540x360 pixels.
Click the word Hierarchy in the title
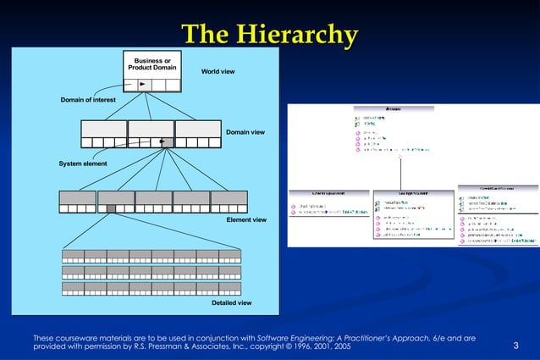[x=300, y=35]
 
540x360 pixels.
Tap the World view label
[x=218, y=71]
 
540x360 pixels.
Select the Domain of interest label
[x=88, y=100]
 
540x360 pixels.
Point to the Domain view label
[x=245, y=132]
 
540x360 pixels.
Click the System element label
[x=82, y=163]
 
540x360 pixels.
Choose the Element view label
[x=246, y=219]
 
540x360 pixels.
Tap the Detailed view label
[x=231, y=302]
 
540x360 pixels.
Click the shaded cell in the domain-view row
[x=168, y=142]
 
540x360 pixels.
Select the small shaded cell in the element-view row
[x=111, y=208]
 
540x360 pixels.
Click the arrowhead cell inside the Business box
[x=142, y=85]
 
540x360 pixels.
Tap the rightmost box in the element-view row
[x=229, y=202]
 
